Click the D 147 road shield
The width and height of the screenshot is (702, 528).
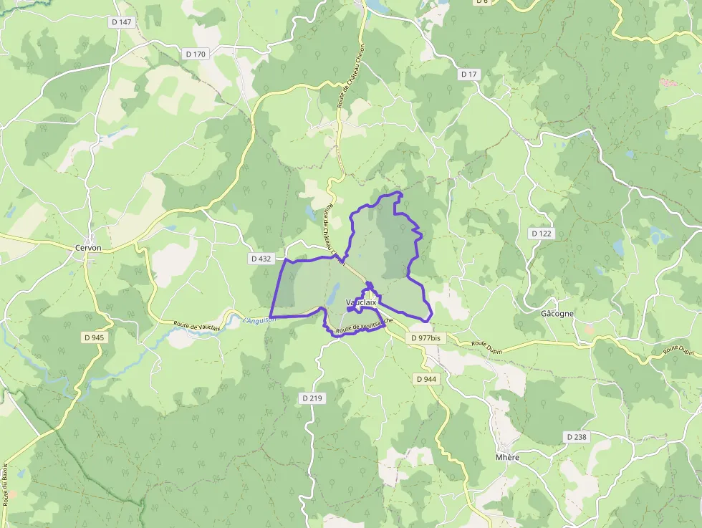[122, 22]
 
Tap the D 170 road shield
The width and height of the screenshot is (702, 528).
[195, 54]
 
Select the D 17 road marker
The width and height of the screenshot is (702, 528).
[469, 74]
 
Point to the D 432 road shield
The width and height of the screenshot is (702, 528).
[262, 259]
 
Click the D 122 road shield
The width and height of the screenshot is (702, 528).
[542, 234]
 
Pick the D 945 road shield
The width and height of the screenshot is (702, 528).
[94, 337]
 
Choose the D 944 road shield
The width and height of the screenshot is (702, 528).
[425, 378]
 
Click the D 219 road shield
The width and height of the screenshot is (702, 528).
[312, 398]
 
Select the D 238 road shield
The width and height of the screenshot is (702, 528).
[576, 436]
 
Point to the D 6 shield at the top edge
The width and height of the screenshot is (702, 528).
[482, 2]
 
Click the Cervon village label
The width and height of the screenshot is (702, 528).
[88, 248]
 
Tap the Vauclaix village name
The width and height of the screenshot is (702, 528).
[361, 302]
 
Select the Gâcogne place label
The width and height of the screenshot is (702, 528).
[557, 314]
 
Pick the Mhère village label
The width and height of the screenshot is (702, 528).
[507, 457]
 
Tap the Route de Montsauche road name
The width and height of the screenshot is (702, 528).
[364, 326]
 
